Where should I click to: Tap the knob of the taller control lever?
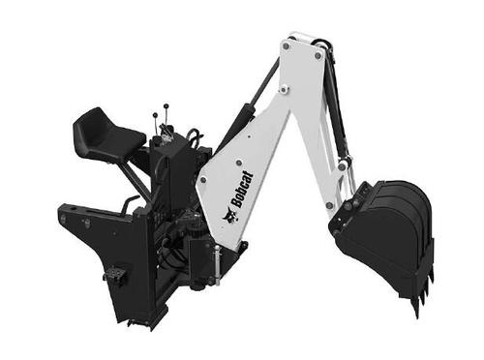166,105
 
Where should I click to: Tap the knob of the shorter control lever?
155,114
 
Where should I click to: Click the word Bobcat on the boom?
243,190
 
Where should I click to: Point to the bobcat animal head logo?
229,217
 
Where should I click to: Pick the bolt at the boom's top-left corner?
286,45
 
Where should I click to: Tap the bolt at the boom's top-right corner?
318,55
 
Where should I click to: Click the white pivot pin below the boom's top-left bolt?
284,89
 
